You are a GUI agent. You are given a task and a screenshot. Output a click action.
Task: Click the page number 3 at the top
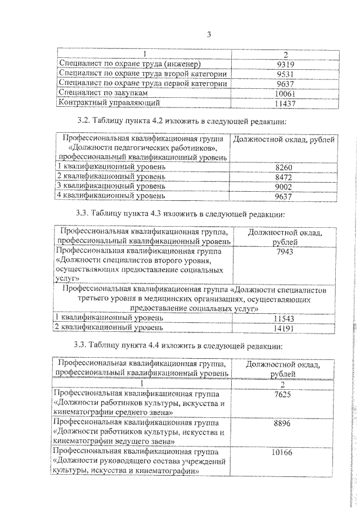[209, 35]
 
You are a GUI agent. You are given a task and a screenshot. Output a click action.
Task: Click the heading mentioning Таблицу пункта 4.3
[182, 214]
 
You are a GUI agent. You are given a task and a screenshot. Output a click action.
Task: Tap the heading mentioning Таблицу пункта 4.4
[182, 345]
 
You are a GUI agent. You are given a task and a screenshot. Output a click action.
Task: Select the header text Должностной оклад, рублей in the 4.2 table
[285, 139]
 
